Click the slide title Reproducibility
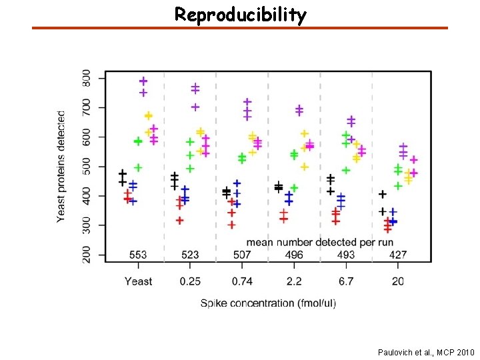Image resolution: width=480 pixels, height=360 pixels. (240, 15)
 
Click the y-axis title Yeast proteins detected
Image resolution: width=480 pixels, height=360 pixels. (61, 166)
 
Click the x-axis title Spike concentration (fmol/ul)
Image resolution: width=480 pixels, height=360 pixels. (269, 303)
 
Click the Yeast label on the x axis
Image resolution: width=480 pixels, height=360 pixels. (138, 281)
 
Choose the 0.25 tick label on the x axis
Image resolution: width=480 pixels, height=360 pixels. (190, 281)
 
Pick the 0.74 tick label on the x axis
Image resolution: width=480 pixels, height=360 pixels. (242, 281)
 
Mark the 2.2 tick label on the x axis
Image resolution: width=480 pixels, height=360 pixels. (294, 281)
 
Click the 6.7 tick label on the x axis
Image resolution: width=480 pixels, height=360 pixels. (346, 281)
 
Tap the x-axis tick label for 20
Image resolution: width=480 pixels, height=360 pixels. (397, 281)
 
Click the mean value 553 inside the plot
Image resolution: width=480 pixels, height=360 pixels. (138, 255)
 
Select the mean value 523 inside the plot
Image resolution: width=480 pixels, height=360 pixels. (190, 255)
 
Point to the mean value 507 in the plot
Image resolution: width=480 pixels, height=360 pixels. (242, 255)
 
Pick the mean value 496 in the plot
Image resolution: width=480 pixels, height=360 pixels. (294, 255)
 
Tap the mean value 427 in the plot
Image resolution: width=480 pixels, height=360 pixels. (397, 255)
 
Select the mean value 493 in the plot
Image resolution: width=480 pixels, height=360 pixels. (346, 255)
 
